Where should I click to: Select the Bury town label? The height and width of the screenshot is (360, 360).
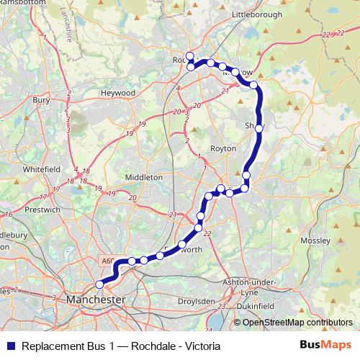[41, 100]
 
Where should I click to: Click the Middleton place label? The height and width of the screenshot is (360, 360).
[144, 176]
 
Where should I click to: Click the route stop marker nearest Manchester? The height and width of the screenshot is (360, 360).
[99, 284]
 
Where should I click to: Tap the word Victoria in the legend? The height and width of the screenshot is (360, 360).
[201, 346]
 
